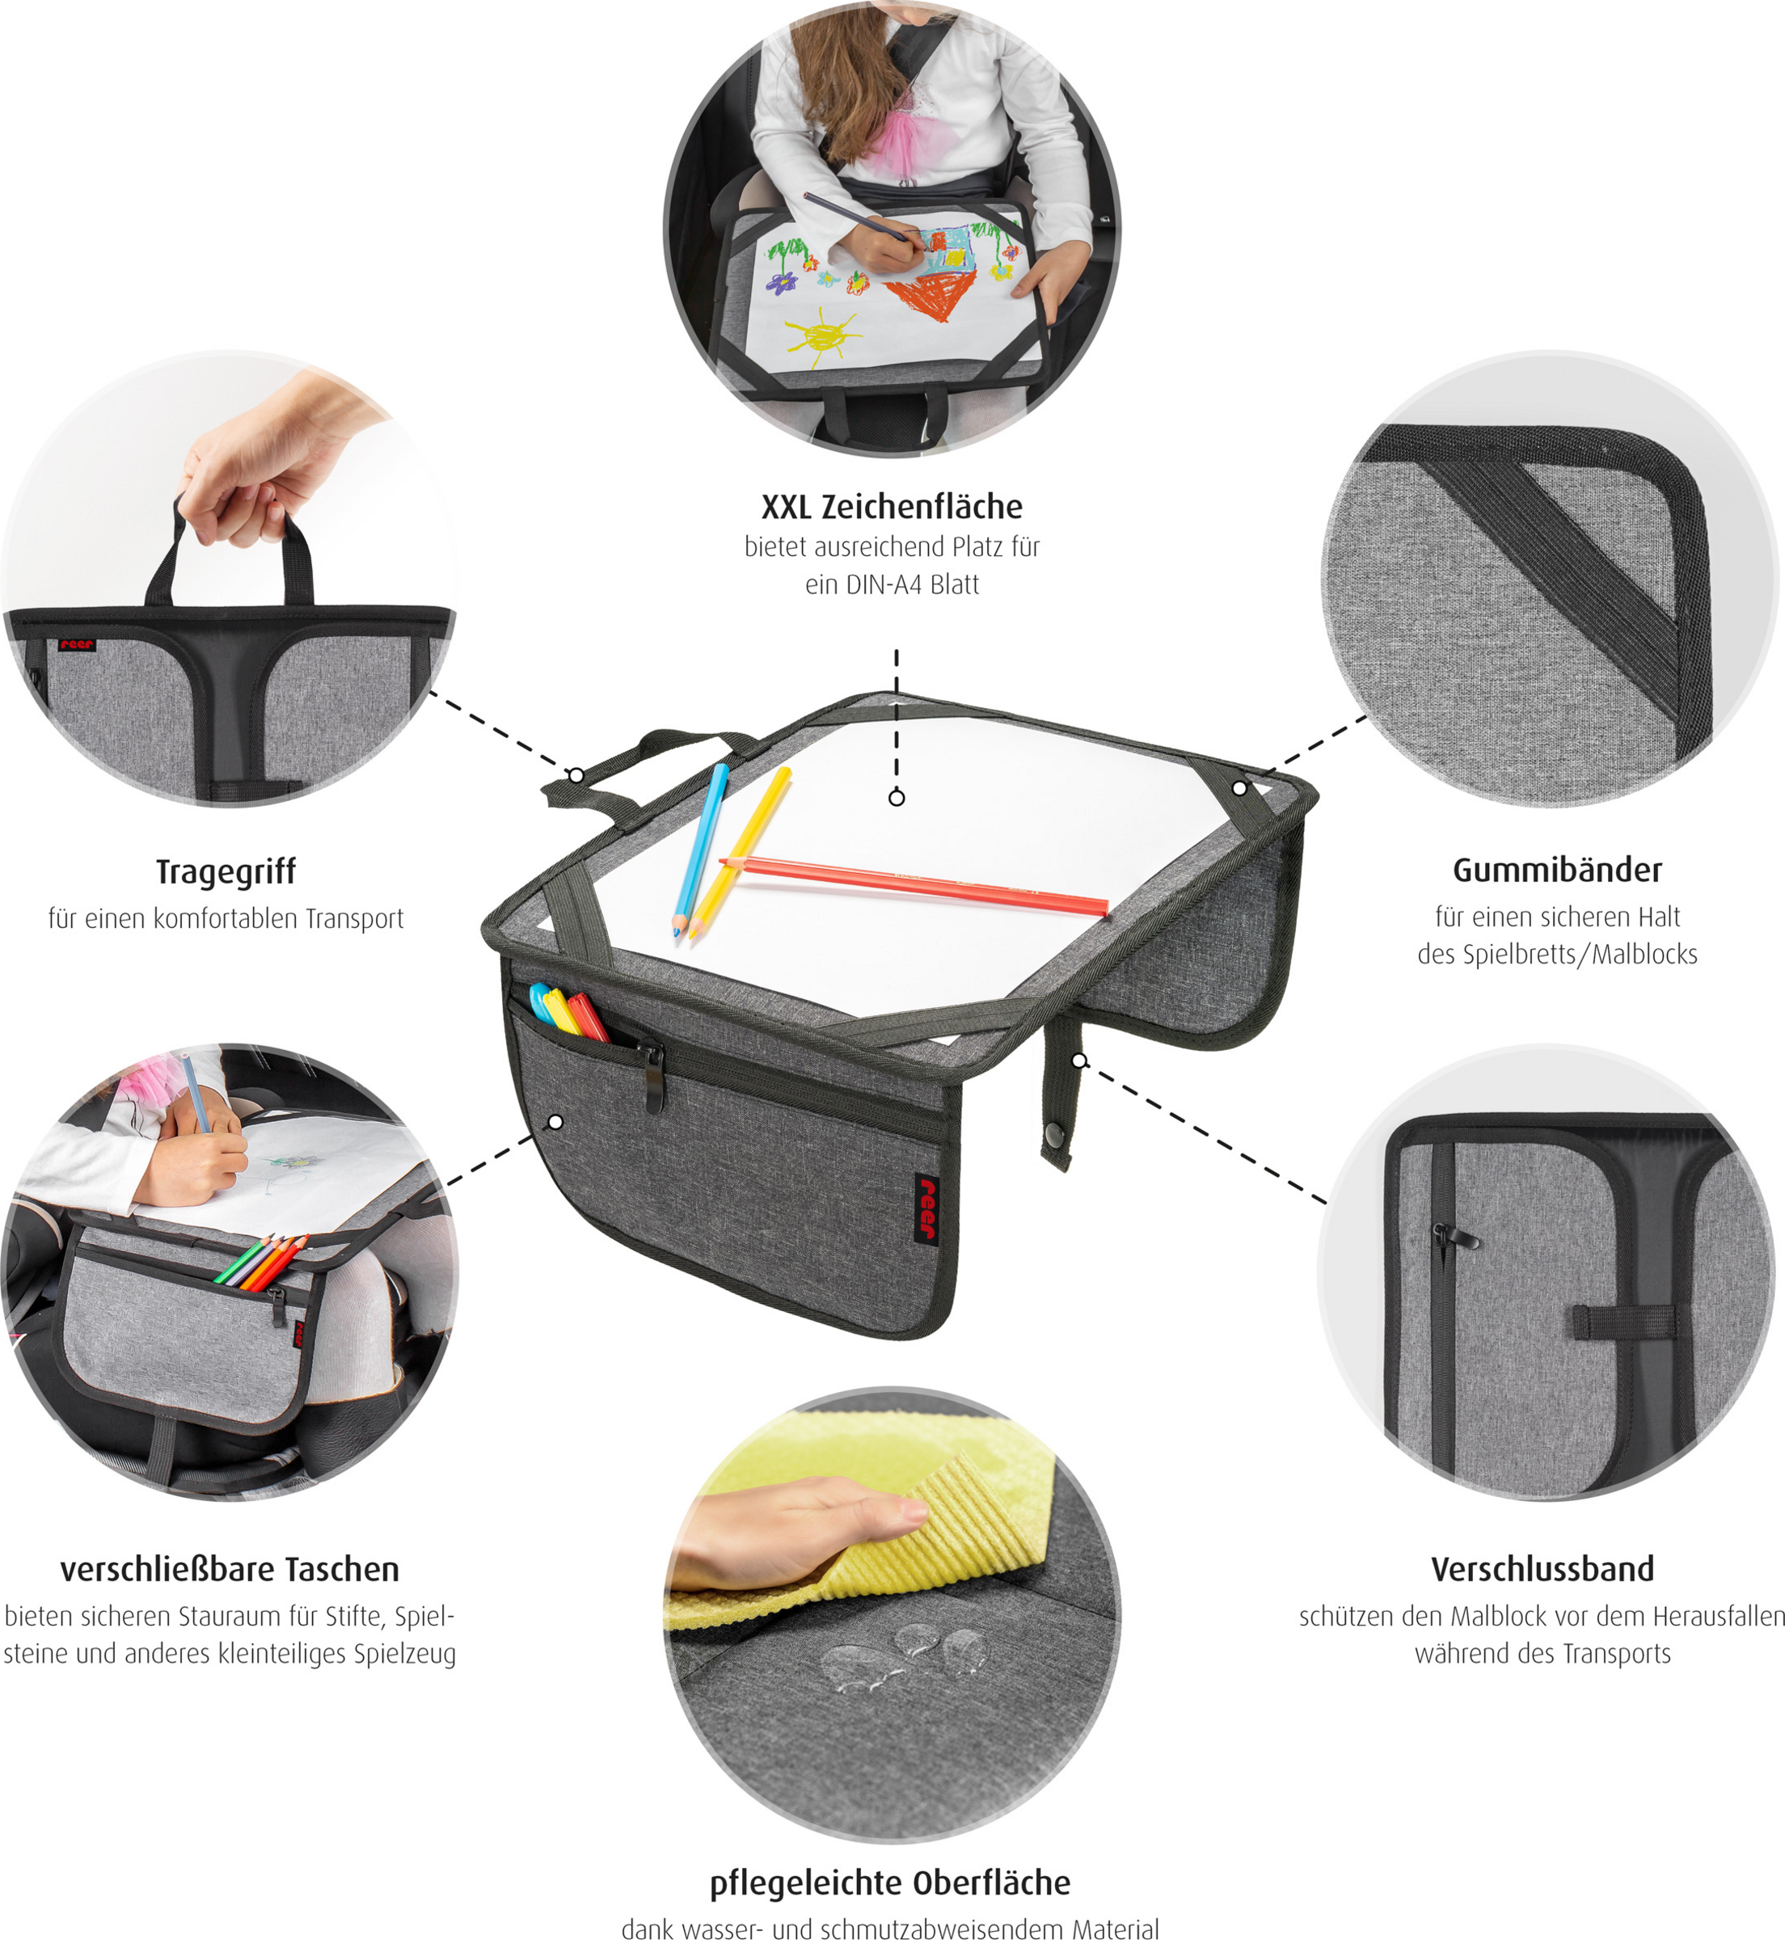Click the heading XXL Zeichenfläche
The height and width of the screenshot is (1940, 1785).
pos(892,506)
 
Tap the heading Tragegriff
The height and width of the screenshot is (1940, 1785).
pos(226,871)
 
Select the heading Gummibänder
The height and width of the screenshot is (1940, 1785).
pos(1557,869)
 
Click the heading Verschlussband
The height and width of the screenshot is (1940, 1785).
pos(1542,1568)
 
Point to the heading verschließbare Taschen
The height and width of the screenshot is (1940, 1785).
pos(230,1569)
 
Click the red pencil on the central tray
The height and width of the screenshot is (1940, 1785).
pos(914,884)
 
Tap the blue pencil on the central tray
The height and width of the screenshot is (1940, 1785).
pos(700,850)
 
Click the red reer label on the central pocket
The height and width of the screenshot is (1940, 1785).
pos(927,1206)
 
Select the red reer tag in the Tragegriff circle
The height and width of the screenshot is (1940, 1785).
pos(76,644)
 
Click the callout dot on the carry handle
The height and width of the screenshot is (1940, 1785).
pos(576,775)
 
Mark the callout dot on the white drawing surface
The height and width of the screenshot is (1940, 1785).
pos(897,798)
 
